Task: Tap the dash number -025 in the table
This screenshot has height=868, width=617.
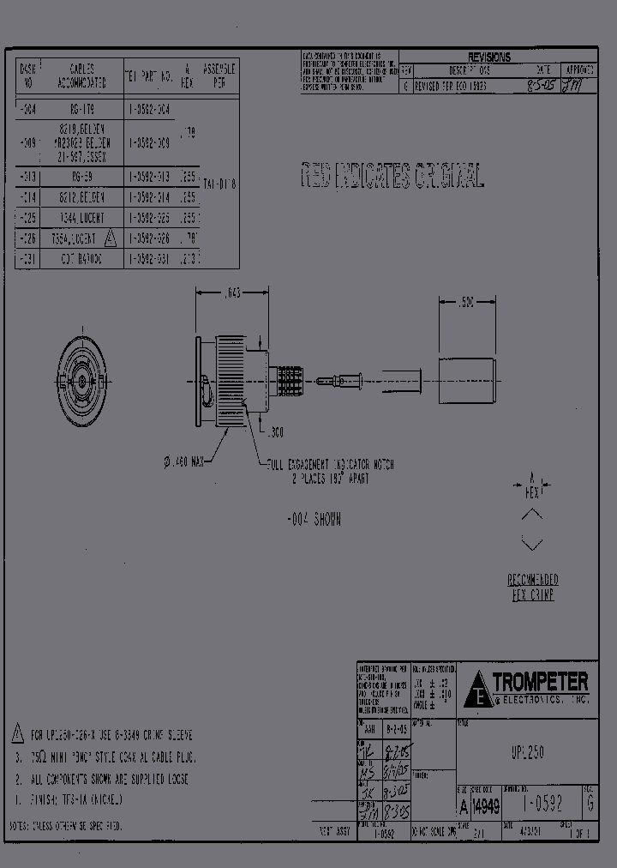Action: coord(27,217)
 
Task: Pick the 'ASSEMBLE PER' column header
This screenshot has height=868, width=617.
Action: coord(219,75)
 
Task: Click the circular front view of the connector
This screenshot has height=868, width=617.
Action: coord(82,378)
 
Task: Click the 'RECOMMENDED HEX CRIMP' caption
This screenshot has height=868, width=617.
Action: coord(531,588)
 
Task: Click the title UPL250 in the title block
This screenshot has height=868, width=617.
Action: coord(526,752)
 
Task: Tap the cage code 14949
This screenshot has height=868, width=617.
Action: coord(486,805)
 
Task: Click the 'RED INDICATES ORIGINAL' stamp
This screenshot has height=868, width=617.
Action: coord(392,176)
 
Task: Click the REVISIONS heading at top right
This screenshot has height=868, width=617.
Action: coord(488,57)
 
